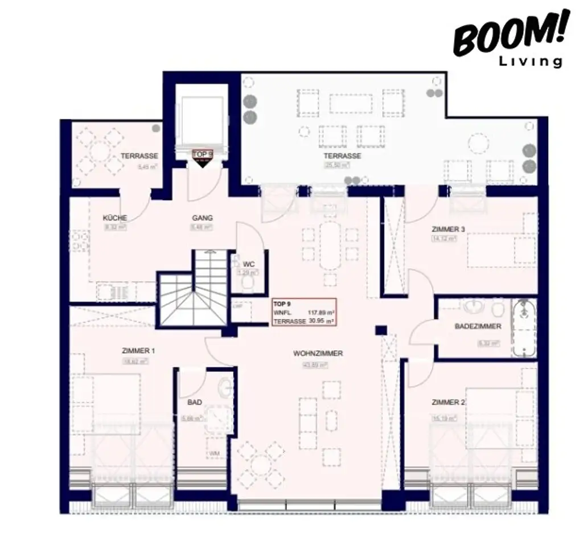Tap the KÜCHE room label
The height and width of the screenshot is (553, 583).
(x=114, y=218)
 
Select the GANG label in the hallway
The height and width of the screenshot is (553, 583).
(x=202, y=218)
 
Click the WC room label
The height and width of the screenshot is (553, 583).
(x=248, y=264)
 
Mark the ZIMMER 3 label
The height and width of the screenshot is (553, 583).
(x=448, y=230)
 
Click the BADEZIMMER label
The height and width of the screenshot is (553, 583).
(x=478, y=326)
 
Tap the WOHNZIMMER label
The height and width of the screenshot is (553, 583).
(x=318, y=354)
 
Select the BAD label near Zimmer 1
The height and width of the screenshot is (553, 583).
(x=194, y=402)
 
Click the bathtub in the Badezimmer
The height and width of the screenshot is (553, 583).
(x=524, y=328)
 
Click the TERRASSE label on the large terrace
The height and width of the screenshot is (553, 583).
(x=342, y=155)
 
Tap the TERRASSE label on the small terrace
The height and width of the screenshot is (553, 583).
(x=139, y=155)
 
